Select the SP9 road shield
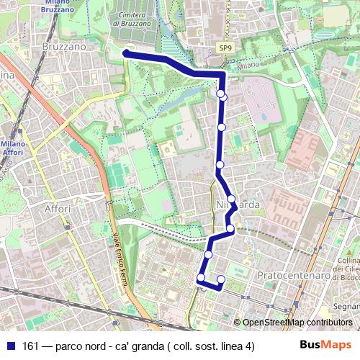point(226,48)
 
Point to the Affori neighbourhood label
point(58,209)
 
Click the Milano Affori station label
point(13,148)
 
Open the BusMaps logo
point(325,345)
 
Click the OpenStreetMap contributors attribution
point(297,323)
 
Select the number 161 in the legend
point(30,346)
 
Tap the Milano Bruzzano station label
point(57,6)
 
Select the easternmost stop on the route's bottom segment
point(221,279)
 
